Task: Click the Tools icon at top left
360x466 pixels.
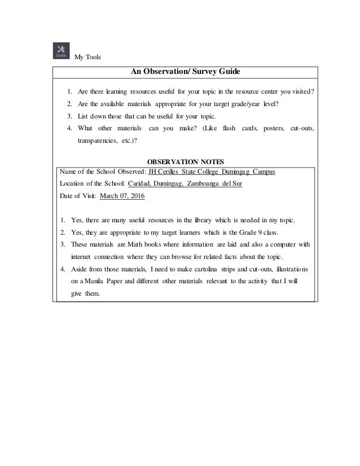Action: click(x=61, y=51)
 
